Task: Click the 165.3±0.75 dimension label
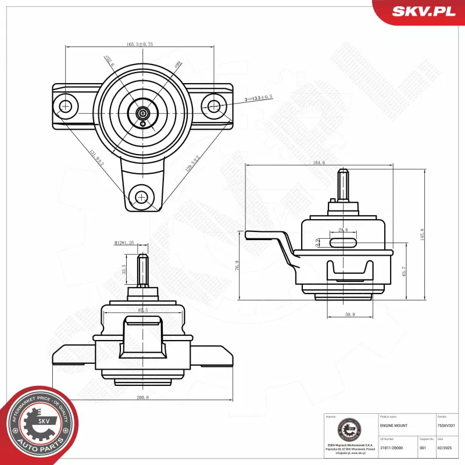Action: click(139, 44)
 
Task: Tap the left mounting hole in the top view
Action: click(66, 106)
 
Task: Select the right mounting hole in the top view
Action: click(214, 106)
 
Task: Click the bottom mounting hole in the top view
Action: click(141, 198)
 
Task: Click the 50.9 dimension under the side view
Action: click(349, 314)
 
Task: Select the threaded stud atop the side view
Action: click(343, 183)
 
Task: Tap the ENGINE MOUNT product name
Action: click(394, 426)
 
